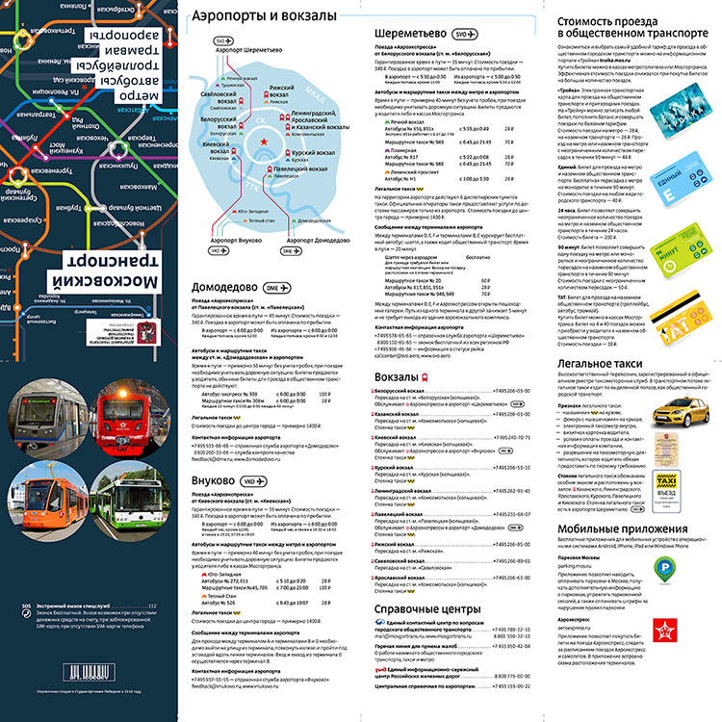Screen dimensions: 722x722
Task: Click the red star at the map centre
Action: point(262,142)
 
